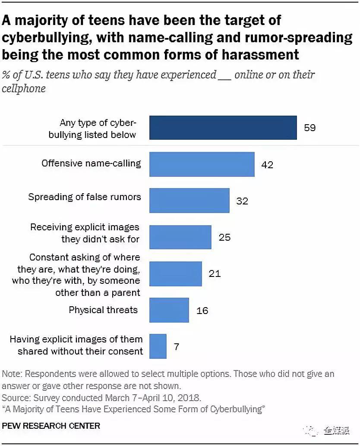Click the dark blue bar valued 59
[x=223, y=128]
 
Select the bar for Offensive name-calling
[x=202, y=164]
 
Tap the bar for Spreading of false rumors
[x=189, y=201]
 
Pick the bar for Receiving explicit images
[x=180, y=237]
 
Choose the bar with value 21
[x=175, y=273]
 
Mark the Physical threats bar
[x=169, y=310]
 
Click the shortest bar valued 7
[x=158, y=346]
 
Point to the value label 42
[x=267, y=164]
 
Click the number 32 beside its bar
[x=242, y=201]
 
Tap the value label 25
[x=224, y=237]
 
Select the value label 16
[x=202, y=310]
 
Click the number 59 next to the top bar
[x=309, y=128]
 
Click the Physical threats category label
[x=103, y=310]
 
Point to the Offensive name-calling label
[x=91, y=163]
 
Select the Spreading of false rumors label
[x=85, y=197]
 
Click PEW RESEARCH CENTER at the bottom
[x=51, y=426]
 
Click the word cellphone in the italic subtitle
[x=24, y=88]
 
